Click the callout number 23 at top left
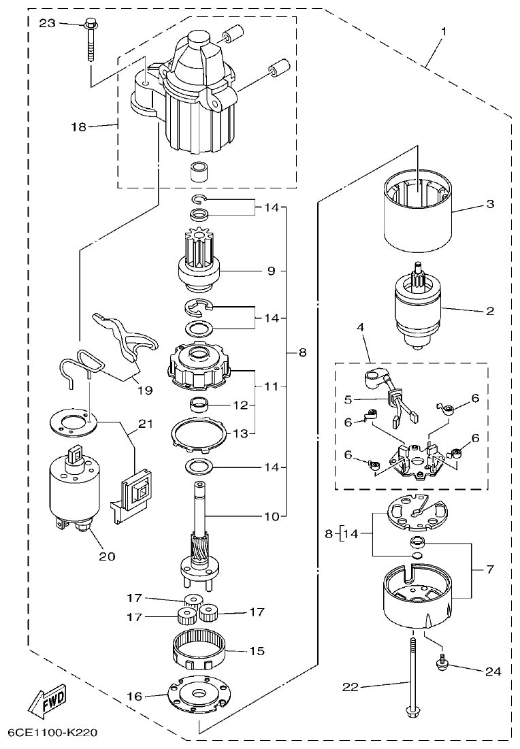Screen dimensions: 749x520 coord(47,23)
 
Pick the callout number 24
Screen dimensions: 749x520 coord(493,671)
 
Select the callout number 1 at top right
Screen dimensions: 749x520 coord(444,32)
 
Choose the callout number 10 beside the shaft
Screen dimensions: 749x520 coord(272,516)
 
